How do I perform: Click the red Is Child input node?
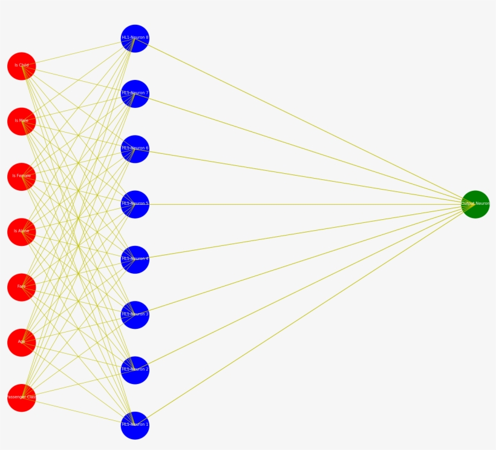[x=22, y=66]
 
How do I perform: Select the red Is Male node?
[x=22, y=121]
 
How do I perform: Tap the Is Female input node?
[x=22, y=177]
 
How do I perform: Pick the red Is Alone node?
[x=22, y=232]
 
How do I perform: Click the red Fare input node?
[x=22, y=287]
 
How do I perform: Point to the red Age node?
[x=22, y=343]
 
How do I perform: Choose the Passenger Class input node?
[x=22, y=398]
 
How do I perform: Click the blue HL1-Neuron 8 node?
[x=135, y=39]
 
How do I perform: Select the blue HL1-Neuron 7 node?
[x=135, y=94]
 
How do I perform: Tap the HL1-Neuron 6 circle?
[x=135, y=149]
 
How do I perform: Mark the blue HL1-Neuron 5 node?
[x=135, y=204]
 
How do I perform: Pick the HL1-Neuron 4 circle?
[x=135, y=260]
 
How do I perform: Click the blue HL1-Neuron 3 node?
[x=135, y=315]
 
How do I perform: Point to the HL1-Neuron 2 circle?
[x=135, y=370]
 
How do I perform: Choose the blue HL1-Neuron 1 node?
[x=135, y=425]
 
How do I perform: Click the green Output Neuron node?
[x=475, y=204]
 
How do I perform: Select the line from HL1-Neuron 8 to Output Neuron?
[x=302, y=121]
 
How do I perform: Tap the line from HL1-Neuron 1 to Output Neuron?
[x=302, y=316]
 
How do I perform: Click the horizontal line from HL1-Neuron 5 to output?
[x=302, y=205]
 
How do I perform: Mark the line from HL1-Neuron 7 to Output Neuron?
[x=302, y=148]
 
